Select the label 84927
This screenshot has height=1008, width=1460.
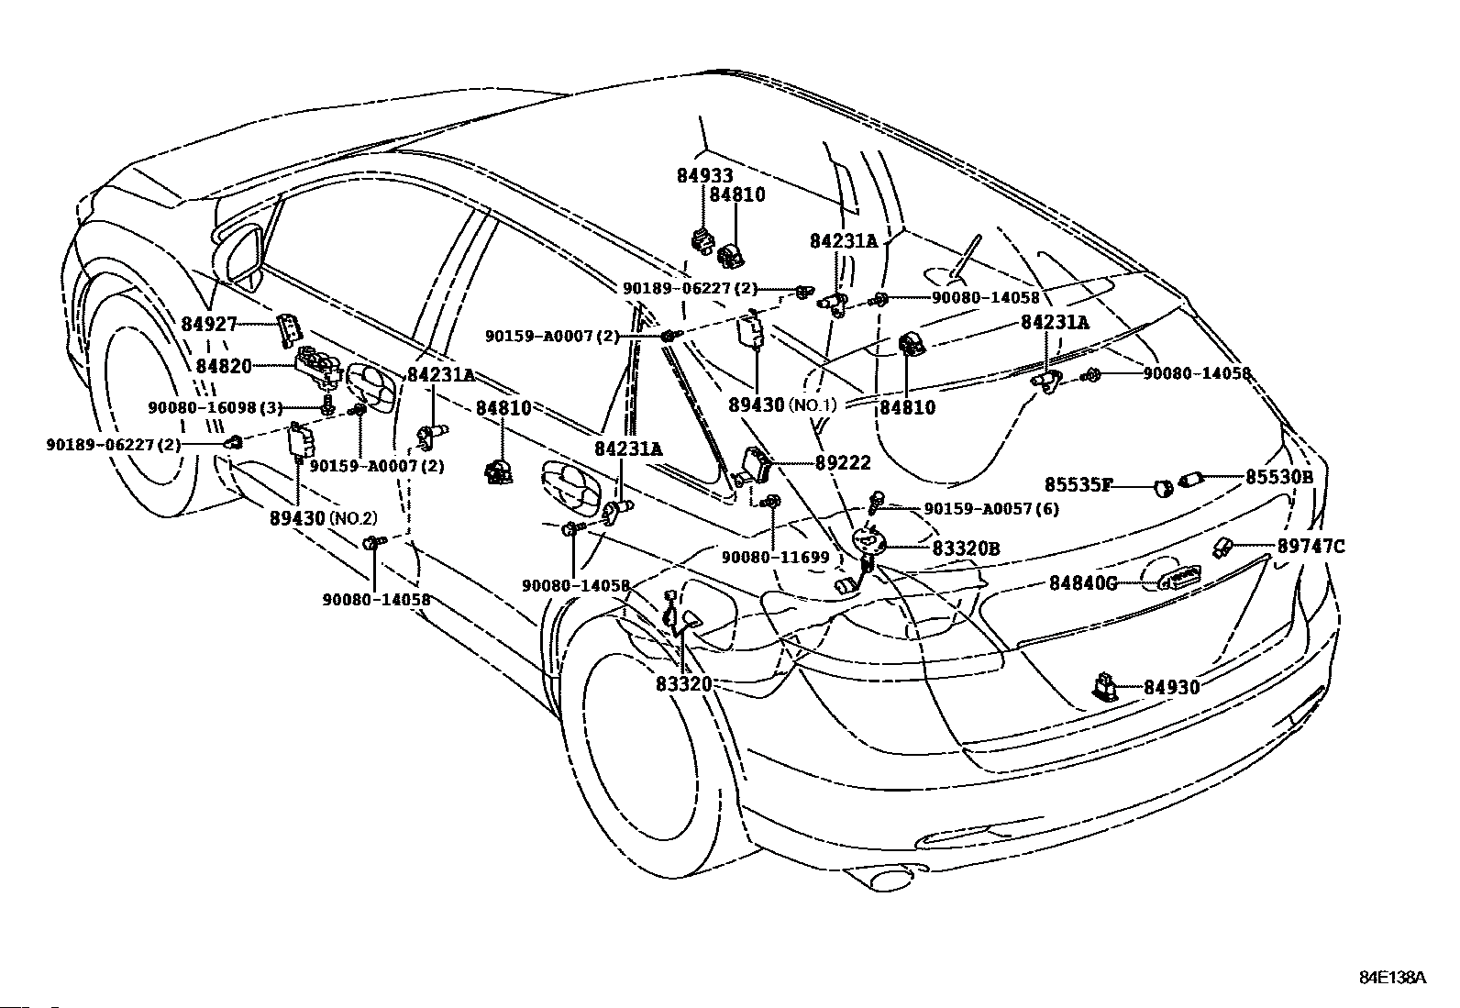pos(209,324)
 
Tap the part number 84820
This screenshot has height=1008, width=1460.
pos(224,365)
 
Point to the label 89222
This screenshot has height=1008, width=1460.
pos(843,464)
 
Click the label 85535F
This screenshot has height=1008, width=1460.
pos(1078,484)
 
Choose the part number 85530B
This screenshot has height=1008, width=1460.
pos(1278,477)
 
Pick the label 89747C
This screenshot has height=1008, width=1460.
pos(1311,547)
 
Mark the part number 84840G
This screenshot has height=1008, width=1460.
pos(1083,582)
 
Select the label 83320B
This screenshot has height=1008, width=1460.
pos(966,548)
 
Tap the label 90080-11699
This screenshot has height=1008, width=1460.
pos(775,558)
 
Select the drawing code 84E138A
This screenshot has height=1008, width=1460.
pos(1392,977)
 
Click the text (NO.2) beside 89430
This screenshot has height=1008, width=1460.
pos(353,518)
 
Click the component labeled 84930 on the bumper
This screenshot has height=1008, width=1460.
pos(1107,686)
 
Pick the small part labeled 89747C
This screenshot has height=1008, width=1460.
pos(1223,548)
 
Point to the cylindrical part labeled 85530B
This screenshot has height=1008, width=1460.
pos(1190,480)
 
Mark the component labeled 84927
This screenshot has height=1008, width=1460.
pos(289,328)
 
